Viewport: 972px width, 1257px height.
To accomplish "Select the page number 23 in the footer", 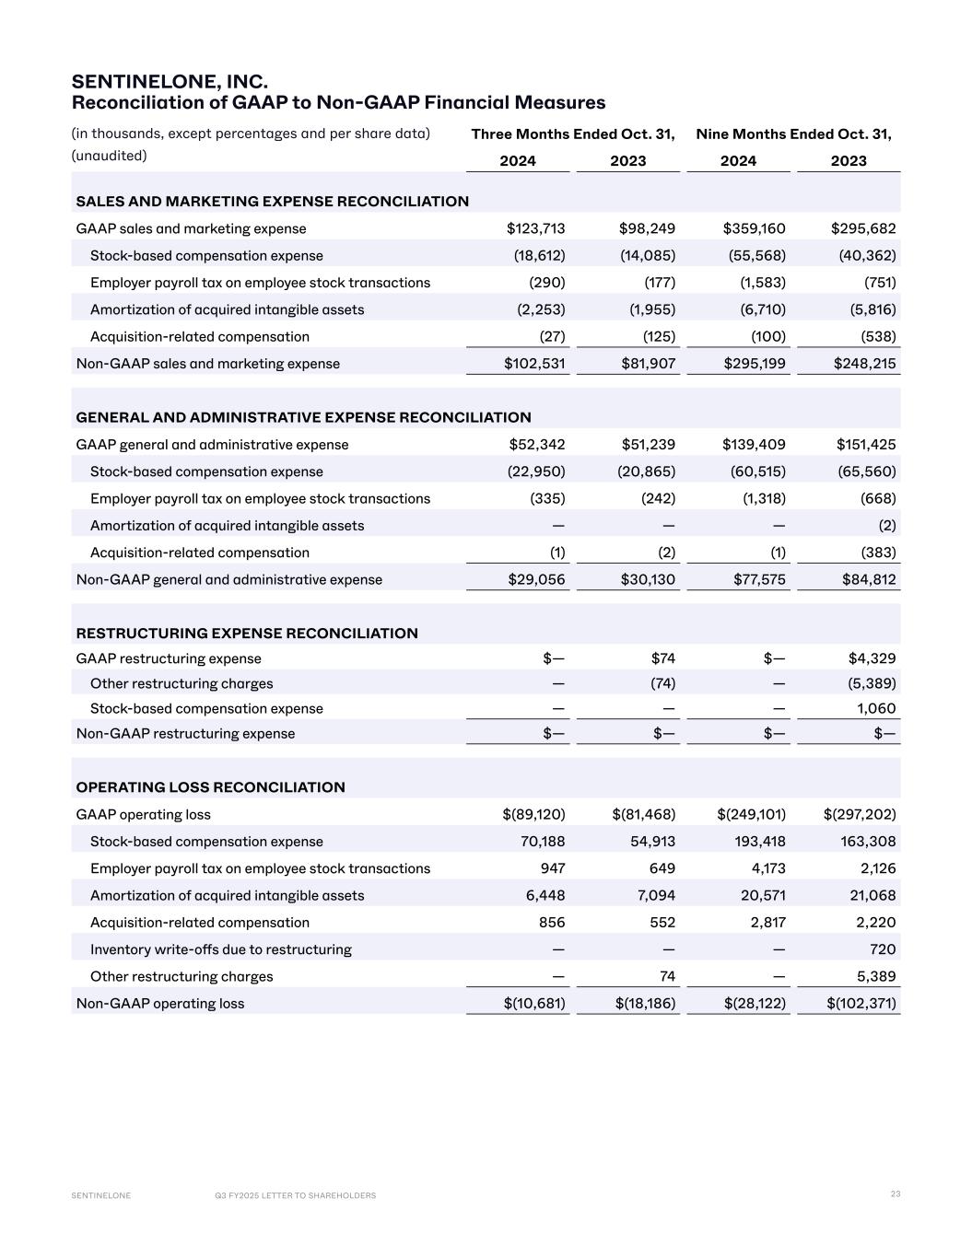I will coord(896,1194).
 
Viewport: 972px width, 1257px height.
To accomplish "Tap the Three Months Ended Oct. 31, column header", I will coord(573,134).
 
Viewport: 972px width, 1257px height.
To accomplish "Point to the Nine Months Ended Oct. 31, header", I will coord(793,134).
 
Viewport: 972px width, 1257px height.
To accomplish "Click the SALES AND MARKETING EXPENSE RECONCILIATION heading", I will coord(272,202).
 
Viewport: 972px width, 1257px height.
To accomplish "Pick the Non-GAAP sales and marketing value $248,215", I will coord(864,364).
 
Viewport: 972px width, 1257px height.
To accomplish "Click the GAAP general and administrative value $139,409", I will coord(754,445).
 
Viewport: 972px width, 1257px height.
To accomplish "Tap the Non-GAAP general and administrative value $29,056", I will coord(537,579).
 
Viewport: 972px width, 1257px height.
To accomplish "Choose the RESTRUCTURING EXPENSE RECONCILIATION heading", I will coord(247,634).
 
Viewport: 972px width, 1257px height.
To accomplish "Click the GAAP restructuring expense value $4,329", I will coord(872,658).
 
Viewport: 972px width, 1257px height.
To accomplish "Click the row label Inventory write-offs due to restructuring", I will coord(221,949).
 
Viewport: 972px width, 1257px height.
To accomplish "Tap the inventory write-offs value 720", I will coord(884,949).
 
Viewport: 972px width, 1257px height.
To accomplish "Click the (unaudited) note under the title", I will coord(110,156).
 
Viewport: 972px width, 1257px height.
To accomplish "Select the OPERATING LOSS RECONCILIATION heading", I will coord(210,787).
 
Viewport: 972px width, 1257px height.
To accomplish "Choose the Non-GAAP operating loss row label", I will coord(160,1004).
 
